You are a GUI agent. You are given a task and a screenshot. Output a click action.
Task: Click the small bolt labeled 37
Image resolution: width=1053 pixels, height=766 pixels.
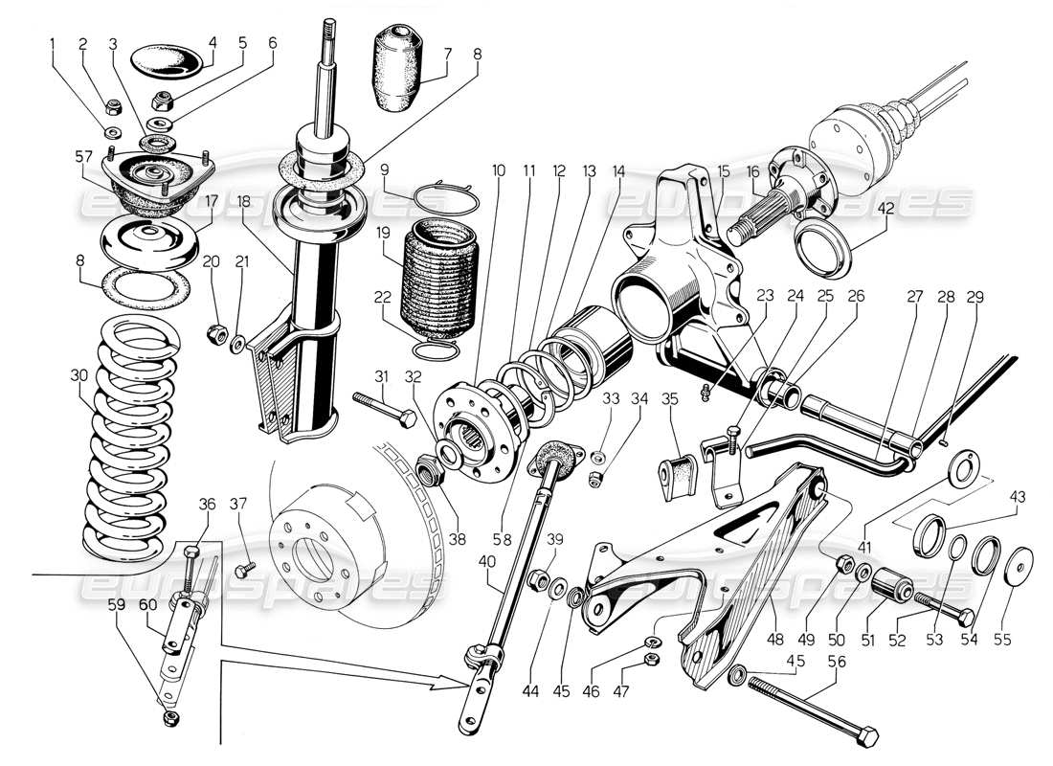click(242, 570)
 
